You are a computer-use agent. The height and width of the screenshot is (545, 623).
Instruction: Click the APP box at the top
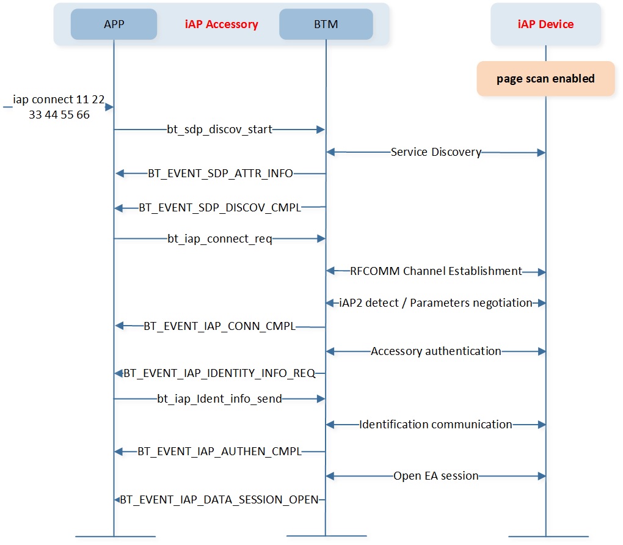point(114,24)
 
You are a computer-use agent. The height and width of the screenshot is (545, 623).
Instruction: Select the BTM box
point(326,24)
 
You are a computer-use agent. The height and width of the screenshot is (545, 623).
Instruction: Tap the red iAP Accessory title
point(221,24)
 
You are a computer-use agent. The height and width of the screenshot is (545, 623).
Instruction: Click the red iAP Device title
point(545,24)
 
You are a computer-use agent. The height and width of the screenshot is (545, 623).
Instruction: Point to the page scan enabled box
point(545,79)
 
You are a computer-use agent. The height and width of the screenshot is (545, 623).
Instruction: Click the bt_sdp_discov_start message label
point(219,130)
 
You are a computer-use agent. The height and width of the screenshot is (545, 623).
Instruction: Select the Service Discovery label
point(436,152)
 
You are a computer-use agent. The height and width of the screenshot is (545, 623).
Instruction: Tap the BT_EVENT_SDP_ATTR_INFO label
point(220,174)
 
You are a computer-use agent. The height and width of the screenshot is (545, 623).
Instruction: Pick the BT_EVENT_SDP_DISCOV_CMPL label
point(220,208)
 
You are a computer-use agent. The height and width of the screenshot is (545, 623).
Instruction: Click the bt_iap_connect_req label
point(220,239)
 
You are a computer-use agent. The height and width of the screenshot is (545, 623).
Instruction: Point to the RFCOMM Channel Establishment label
point(436,271)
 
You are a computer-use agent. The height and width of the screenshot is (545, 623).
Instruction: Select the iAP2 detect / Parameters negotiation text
point(435,303)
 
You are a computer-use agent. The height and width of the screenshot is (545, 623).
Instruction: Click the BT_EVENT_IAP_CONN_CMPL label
point(220,326)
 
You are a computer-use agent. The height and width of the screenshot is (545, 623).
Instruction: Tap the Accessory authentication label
point(436,351)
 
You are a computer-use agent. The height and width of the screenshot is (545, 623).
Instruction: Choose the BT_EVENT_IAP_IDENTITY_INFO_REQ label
point(219,373)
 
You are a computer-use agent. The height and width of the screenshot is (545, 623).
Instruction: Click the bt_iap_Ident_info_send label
point(220,399)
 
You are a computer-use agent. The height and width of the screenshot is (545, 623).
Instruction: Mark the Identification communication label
point(436,425)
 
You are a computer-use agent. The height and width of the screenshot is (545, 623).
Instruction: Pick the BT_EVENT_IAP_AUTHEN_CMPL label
point(220,452)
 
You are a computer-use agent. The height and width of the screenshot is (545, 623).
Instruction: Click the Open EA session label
point(436,476)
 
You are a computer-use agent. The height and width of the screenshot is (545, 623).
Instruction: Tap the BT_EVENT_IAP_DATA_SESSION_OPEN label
point(219,500)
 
